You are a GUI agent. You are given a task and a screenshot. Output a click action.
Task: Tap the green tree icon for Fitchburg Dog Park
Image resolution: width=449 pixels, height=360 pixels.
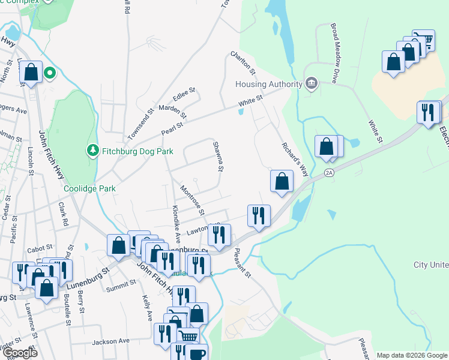(92, 149)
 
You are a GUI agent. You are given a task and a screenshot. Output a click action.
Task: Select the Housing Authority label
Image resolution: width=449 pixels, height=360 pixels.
(268, 84)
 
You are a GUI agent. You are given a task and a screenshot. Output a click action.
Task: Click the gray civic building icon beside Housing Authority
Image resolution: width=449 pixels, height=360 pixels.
(311, 83)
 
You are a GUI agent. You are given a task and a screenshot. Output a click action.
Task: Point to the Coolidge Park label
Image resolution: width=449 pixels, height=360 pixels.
(89, 188)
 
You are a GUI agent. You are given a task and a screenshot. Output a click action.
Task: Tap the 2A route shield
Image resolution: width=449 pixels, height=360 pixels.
(328, 173)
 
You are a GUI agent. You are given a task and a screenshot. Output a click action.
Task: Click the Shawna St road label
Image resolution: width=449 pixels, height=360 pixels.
(217, 156)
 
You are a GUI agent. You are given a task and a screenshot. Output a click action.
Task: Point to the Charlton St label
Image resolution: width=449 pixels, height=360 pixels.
(243, 63)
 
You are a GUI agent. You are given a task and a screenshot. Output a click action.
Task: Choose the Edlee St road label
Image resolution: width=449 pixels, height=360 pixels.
(184, 94)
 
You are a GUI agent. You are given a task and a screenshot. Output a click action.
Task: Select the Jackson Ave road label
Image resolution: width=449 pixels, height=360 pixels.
(110, 341)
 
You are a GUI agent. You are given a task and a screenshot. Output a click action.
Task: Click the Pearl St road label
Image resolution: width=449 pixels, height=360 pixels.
(171, 128)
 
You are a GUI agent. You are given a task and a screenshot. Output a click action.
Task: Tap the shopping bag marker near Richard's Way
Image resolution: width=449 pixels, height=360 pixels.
(282, 181)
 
